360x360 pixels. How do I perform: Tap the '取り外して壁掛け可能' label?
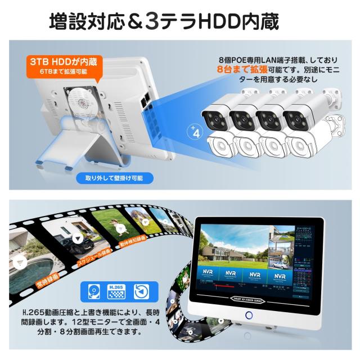114,178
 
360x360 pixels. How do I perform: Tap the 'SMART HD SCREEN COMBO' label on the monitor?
246,299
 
